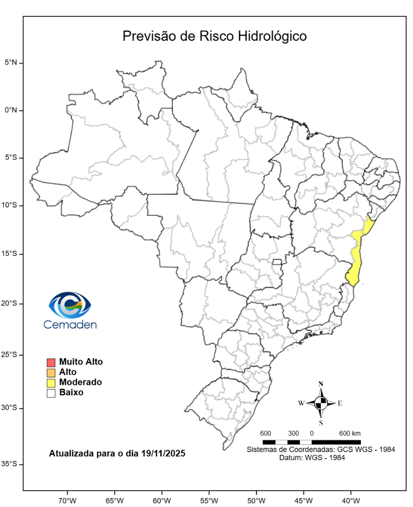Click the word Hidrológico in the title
274,36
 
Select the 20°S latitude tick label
10,303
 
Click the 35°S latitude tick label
10,464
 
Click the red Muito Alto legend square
51,362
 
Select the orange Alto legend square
51,372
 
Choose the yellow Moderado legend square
51,383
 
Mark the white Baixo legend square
51,393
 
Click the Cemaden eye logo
70,305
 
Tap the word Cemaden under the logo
70,324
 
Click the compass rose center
321,403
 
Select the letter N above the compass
321,384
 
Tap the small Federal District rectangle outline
278,261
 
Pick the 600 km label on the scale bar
350,433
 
